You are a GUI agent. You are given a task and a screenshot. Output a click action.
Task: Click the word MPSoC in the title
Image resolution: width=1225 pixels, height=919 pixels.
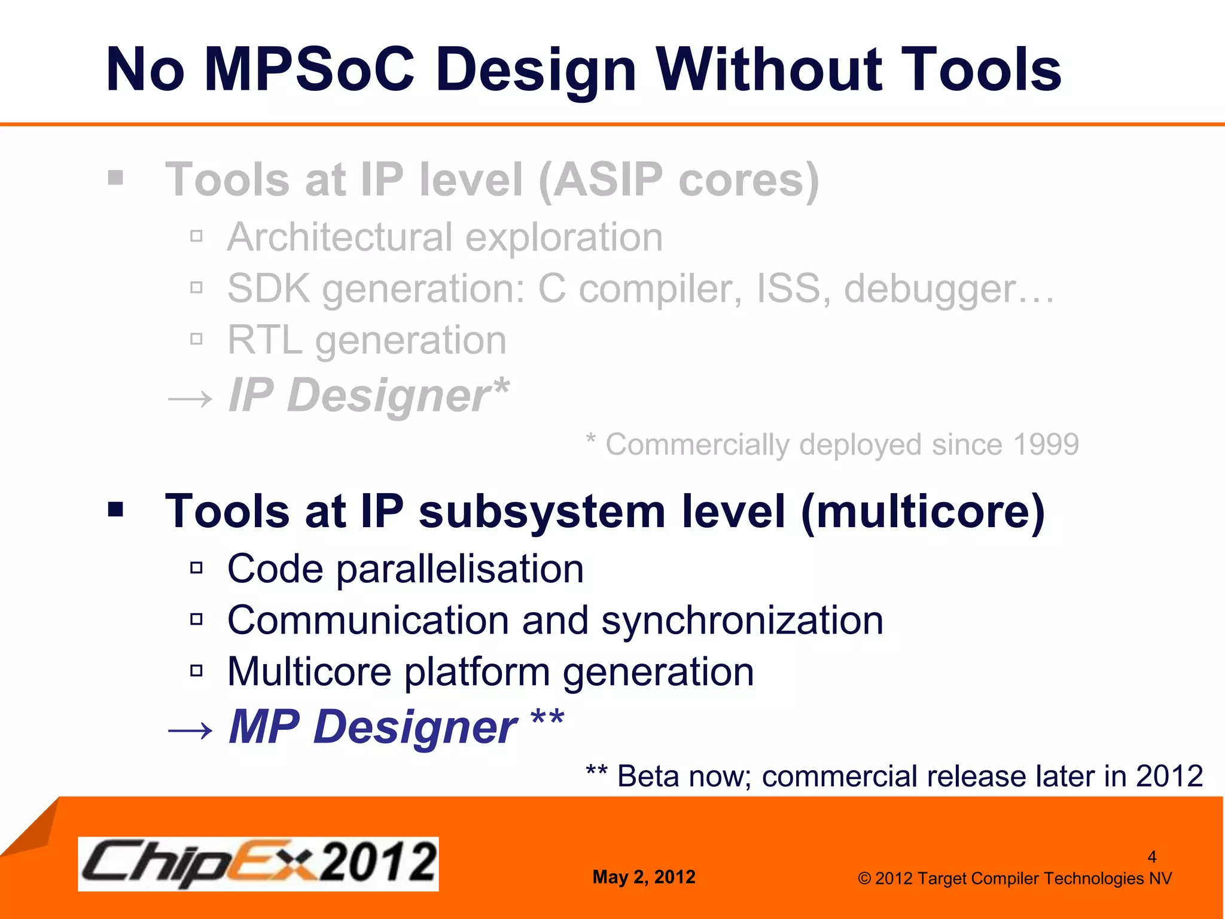click(x=309, y=70)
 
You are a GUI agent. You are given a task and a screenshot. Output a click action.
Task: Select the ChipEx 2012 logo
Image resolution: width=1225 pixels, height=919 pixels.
click(x=258, y=863)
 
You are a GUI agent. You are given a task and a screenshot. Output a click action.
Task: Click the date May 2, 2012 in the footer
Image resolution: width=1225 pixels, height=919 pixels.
click(x=644, y=877)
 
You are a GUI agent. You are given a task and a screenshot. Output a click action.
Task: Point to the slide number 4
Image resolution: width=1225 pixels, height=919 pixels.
click(x=1151, y=857)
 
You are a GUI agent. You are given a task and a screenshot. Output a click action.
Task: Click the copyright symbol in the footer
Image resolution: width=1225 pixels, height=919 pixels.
click(x=864, y=879)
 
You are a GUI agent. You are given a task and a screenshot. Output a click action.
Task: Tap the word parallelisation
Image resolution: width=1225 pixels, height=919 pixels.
click(x=459, y=569)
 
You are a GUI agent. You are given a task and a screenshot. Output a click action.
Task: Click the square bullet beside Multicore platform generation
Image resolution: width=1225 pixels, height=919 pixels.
click(x=196, y=671)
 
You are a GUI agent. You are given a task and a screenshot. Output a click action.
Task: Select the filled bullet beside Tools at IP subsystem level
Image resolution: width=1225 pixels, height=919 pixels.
click(x=116, y=510)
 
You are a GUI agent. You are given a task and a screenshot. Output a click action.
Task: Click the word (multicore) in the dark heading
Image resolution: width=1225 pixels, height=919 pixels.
click(x=922, y=512)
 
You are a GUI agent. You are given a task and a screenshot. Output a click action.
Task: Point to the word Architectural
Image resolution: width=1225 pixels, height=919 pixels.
click(x=339, y=238)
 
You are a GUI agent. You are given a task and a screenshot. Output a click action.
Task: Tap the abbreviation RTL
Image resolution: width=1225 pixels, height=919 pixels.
click(x=264, y=340)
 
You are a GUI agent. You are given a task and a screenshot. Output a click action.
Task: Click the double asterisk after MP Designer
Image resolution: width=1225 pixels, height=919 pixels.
click(x=547, y=718)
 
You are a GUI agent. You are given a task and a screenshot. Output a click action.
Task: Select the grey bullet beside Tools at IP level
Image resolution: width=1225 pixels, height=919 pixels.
click(x=116, y=178)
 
